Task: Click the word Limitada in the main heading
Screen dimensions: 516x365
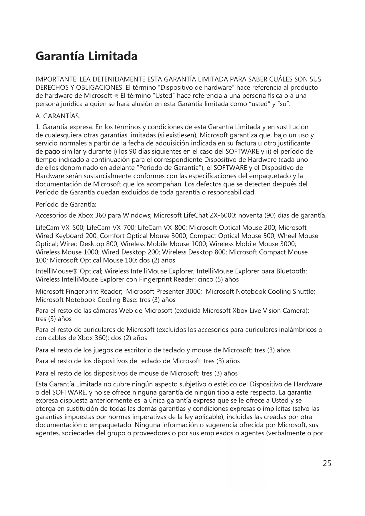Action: coord(113,56)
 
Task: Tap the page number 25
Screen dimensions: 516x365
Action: coord(327,463)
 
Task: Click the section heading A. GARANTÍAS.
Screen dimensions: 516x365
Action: coord(58,116)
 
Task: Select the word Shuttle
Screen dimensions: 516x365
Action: coord(304,292)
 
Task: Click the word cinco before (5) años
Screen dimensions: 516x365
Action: coord(205,279)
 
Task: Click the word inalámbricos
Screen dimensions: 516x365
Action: coord(296,330)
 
